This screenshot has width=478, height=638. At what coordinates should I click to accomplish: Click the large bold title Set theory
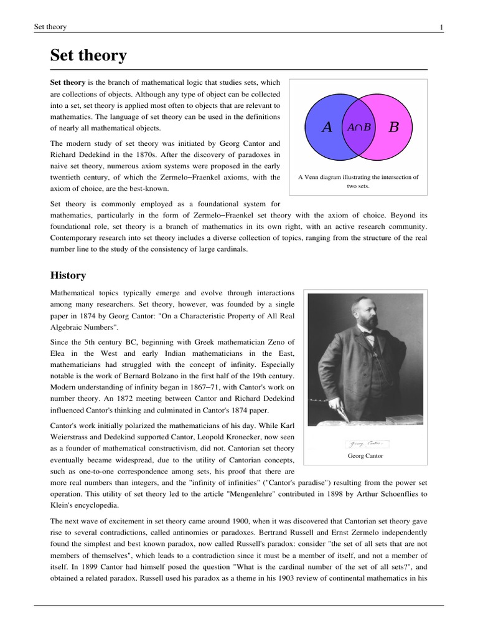click(x=88, y=56)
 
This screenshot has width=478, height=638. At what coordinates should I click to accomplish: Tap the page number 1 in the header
click(x=441, y=27)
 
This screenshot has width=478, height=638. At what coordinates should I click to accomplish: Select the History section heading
click(x=68, y=275)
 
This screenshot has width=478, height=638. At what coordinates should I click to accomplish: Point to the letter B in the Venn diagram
click(x=393, y=128)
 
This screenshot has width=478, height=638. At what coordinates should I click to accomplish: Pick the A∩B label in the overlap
click(x=359, y=127)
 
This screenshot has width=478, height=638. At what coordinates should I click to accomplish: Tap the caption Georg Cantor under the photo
click(x=366, y=456)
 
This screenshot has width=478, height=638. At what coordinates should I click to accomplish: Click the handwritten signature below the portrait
click(x=366, y=444)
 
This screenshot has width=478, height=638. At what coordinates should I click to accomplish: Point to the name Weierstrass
click(x=73, y=436)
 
